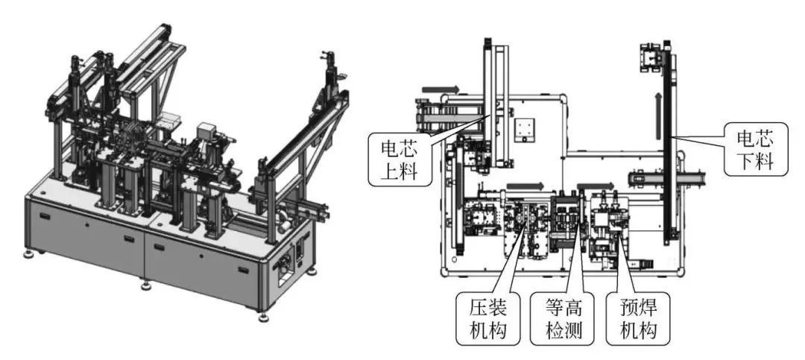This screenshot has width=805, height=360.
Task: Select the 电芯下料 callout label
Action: (x=754, y=148)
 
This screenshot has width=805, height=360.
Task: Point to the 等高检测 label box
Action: (x=563, y=319)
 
